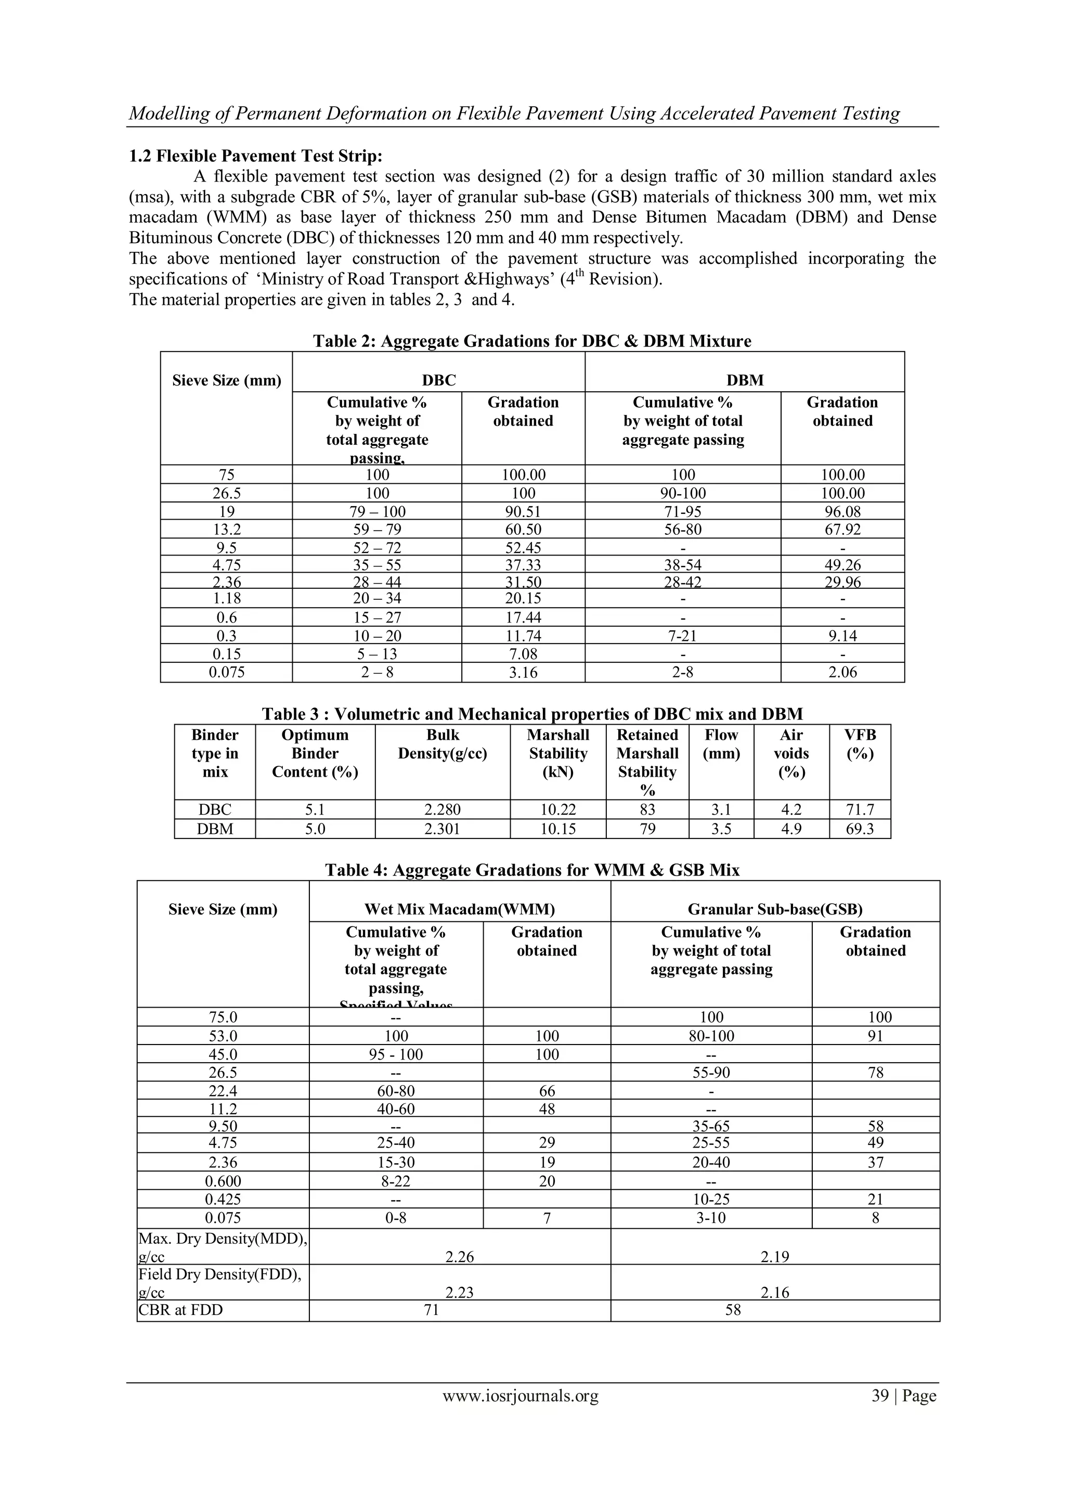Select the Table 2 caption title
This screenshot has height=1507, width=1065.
pos(531,341)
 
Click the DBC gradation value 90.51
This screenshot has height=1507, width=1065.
pos(523,511)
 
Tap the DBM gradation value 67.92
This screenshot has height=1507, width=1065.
pos(842,529)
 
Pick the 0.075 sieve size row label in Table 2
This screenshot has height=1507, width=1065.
pos(226,672)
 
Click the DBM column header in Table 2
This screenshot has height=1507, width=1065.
pos(745,381)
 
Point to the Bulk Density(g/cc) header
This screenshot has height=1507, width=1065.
pos(442,744)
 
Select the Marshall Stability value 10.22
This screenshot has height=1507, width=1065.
pos(558,809)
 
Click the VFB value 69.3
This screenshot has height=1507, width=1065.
pos(860,829)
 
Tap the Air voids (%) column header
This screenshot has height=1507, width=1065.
pos(791,753)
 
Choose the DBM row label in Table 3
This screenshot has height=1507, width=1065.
pos(215,829)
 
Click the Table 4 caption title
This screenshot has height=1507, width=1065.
pos(531,870)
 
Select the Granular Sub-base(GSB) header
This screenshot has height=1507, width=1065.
pos(774,909)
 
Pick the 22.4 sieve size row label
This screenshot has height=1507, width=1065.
pos(223,1091)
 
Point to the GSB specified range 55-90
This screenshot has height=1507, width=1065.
pos(711,1073)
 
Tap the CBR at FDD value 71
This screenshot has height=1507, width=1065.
pos(431,1309)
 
